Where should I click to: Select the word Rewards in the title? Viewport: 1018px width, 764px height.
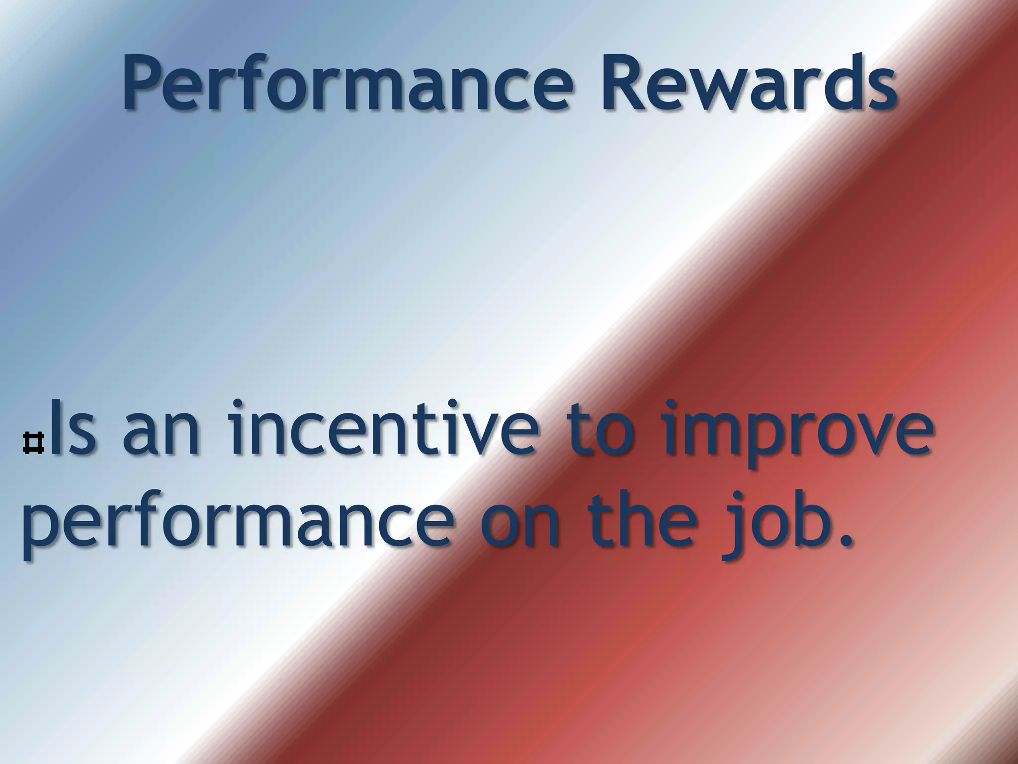[748, 82]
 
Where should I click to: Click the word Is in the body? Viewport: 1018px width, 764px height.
[73, 429]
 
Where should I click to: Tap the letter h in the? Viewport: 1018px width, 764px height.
[646, 517]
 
